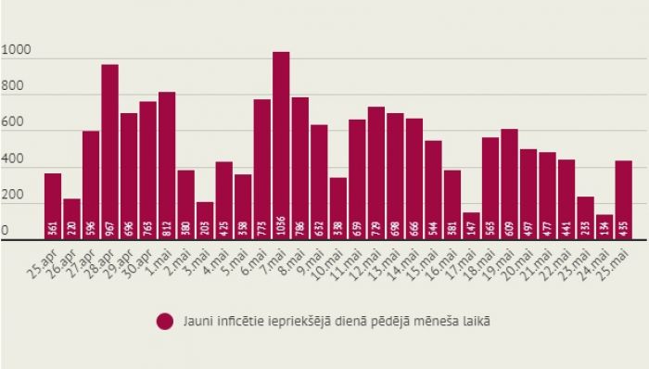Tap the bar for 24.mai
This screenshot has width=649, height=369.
[x=604, y=228]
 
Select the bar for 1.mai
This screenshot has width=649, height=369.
[x=167, y=166]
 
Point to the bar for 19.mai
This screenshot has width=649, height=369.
[x=509, y=184]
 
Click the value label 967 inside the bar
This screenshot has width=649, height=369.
[x=109, y=227]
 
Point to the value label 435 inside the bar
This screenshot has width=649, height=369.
[x=623, y=227]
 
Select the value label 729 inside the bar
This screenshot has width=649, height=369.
[x=375, y=227]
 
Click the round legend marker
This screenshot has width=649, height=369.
[x=166, y=322]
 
